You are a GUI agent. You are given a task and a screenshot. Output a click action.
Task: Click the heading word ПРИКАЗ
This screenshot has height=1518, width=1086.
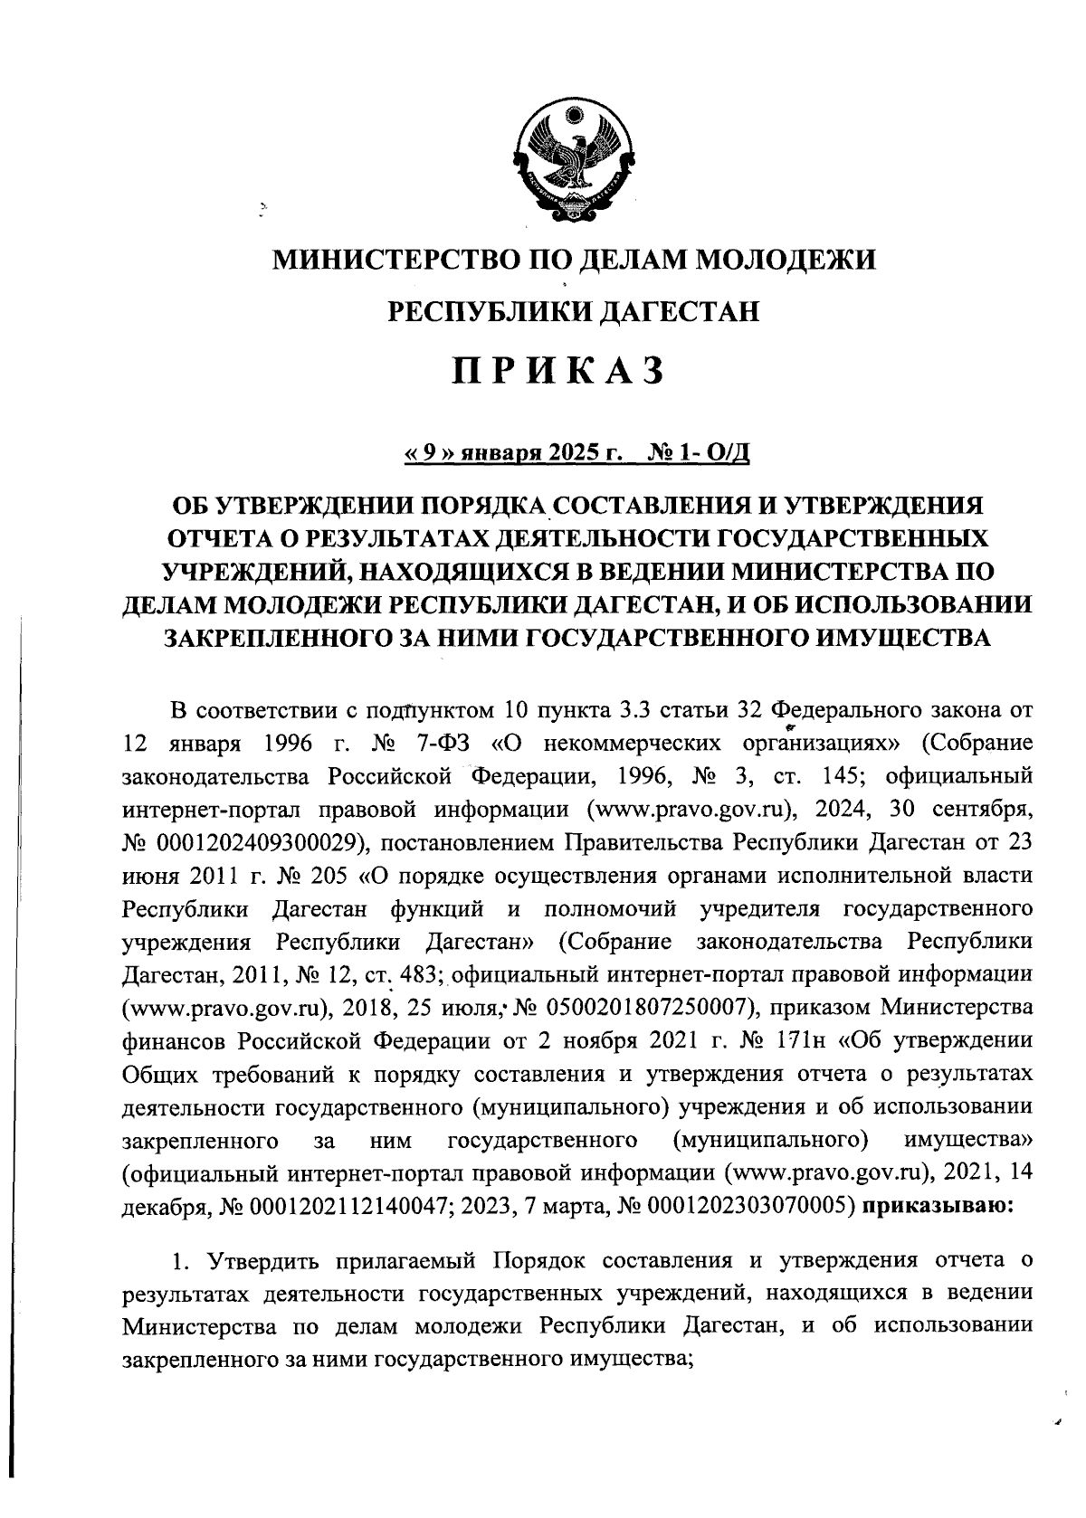[558, 371]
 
